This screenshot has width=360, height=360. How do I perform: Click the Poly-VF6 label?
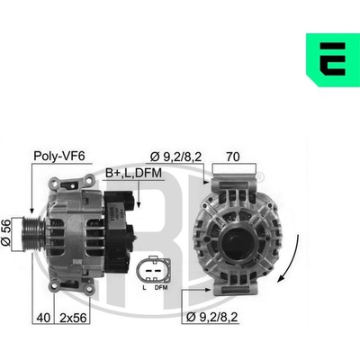coord(59,157)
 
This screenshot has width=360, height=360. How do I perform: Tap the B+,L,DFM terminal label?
coord(133,173)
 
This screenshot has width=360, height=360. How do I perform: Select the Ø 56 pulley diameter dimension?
coord(6,232)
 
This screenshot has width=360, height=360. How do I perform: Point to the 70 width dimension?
coord(233,157)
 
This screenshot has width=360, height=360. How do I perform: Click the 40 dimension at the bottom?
coord(43,318)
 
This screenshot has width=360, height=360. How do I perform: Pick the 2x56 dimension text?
coord(73,318)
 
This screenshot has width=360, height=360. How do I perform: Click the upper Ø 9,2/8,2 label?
coord(175,157)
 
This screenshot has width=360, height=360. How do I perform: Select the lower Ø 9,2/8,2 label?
coord(212,317)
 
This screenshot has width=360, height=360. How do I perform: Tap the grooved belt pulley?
coord(33,232)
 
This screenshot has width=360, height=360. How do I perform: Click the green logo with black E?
coord(333,60)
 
